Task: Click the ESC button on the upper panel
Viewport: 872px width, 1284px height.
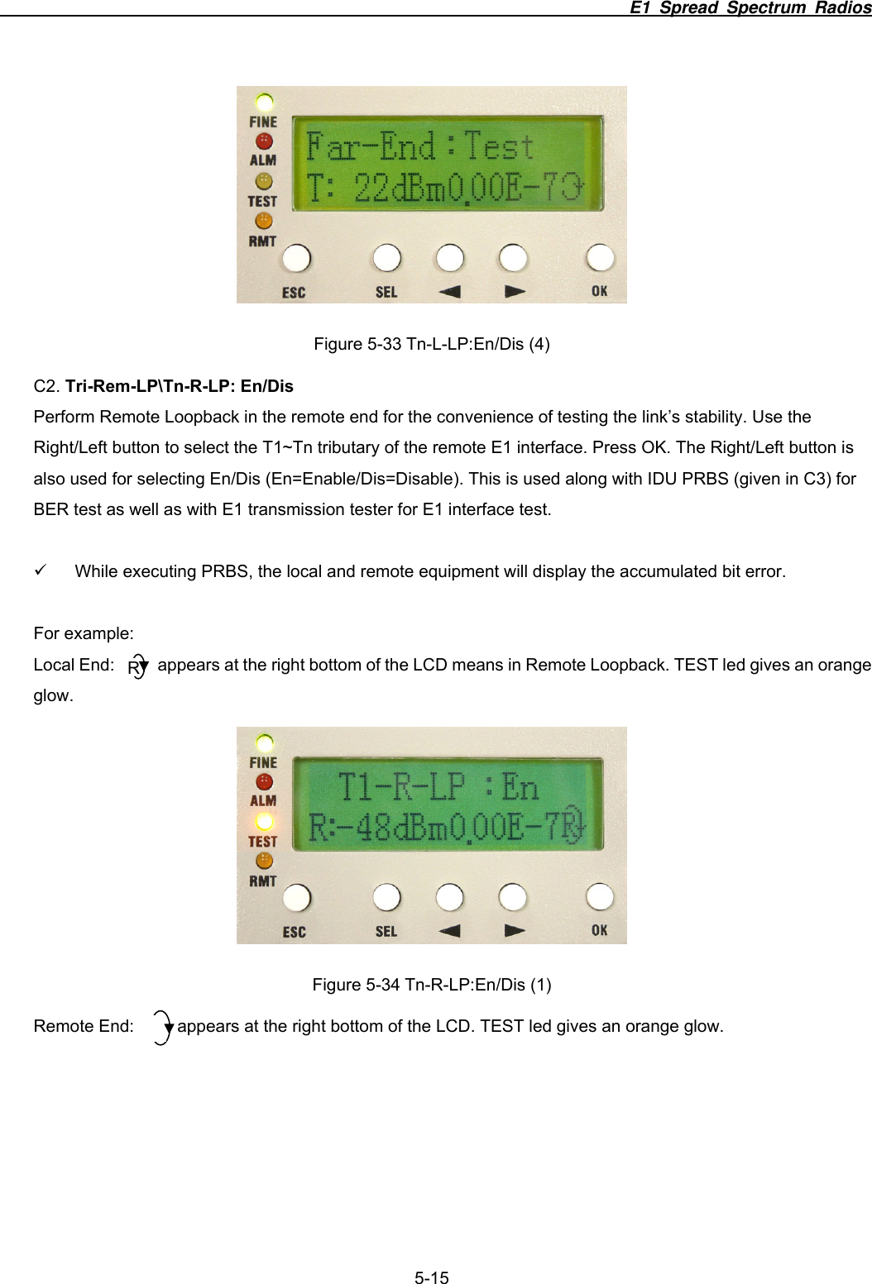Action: pyautogui.click(x=296, y=259)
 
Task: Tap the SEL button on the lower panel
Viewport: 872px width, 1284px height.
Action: pyautogui.click(x=386, y=897)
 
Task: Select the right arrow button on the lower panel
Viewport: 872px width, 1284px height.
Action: pyautogui.click(x=513, y=897)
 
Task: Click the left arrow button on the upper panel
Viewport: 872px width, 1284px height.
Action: pyautogui.click(x=450, y=258)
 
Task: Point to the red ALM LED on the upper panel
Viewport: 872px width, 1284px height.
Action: pyautogui.click(x=264, y=141)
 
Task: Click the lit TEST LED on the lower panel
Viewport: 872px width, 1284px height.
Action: pyautogui.click(x=264, y=821)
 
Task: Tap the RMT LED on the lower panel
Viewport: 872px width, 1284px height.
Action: pyautogui.click(x=264, y=861)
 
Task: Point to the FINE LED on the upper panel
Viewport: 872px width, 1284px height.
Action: pyautogui.click(x=265, y=103)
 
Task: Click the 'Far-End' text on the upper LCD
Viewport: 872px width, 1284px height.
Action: pyautogui.click(x=371, y=147)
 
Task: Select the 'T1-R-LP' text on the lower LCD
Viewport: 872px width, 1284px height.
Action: pyautogui.click(x=401, y=787)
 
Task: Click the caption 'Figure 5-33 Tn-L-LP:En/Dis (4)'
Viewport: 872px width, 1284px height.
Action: pyautogui.click(x=431, y=344)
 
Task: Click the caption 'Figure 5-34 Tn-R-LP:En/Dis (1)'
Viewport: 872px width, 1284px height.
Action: pyautogui.click(x=431, y=985)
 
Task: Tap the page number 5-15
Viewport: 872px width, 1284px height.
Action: pyautogui.click(x=431, y=1277)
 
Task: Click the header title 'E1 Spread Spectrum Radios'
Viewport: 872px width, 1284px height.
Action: pyautogui.click(x=750, y=8)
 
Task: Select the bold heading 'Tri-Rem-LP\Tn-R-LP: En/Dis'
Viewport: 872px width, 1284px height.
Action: pyautogui.click(x=179, y=386)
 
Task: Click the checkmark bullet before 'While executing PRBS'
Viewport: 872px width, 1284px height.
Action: pyautogui.click(x=40, y=570)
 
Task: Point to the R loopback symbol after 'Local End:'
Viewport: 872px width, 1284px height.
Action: pyautogui.click(x=137, y=666)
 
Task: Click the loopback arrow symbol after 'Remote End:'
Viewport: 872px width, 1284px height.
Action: pyautogui.click(x=163, y=1028)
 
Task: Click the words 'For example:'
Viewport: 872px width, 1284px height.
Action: pyautogui.click(x=84, y=633)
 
